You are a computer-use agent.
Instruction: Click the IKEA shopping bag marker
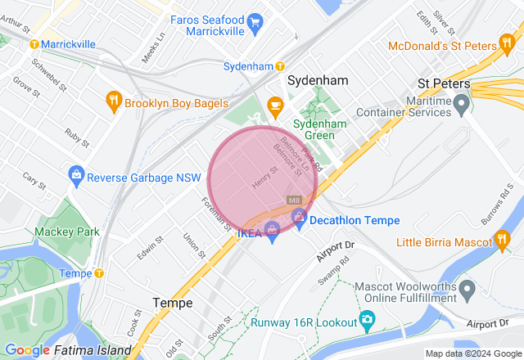point(273,232)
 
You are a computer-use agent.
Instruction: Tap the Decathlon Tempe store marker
point(300,218)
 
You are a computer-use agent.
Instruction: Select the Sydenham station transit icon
point(280,65)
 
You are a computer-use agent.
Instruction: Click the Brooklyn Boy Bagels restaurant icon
point(114,101)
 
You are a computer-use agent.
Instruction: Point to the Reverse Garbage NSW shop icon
point(76,174)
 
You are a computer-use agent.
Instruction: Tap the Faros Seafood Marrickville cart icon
point(256,20)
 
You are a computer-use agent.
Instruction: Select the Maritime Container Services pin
point(462,103)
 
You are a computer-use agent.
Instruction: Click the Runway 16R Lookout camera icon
point(368,318)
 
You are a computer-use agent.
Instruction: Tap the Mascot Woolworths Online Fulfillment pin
point(468,289)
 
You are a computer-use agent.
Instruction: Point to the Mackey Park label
point(67,232)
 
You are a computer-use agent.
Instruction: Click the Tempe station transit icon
point(99,273)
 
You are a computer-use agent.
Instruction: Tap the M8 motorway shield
point(294,200)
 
